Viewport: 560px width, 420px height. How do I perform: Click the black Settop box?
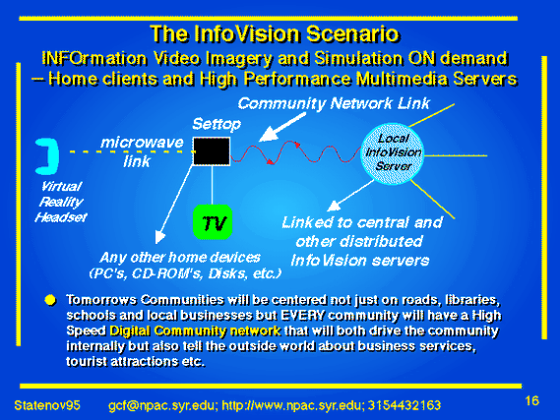[212, 151]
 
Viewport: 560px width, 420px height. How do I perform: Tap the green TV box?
[213, 222]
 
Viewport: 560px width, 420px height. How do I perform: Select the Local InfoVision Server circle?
[393, 153]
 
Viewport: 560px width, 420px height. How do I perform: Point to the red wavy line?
[295, 152]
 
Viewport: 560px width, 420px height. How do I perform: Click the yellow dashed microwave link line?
[132, 152]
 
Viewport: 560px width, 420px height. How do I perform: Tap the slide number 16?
[531, 400]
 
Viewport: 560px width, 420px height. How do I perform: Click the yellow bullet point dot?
[50, 300]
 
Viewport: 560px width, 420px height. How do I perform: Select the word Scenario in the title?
[352, 33]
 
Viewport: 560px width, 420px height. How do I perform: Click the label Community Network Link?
[334, 103]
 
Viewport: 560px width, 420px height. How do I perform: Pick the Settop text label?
[217, 124]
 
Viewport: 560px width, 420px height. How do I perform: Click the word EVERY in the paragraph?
[303, 316]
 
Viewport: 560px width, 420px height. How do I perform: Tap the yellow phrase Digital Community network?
[195, 330]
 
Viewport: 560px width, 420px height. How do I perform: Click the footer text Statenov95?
[47, 405]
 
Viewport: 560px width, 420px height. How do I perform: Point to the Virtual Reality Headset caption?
[61, 202]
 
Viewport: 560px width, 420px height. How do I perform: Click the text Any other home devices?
[180, 258]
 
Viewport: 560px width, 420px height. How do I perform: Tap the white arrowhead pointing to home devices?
[159, 237]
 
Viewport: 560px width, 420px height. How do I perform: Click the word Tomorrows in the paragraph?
[101, 300]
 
